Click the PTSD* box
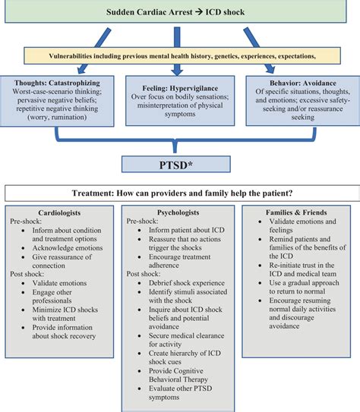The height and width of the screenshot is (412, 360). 181,162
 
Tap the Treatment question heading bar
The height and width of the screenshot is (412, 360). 180,193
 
